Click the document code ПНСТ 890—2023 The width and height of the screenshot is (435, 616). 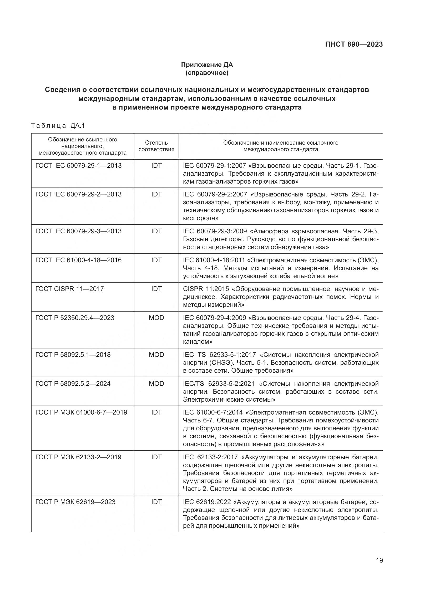pos(354,44)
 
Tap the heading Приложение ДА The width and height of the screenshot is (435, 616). pos(207,65)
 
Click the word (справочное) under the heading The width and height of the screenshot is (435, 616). pos(207,73)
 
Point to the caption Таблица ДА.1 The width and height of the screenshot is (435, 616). pos(58,126)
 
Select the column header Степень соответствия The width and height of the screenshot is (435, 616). pos(156,146)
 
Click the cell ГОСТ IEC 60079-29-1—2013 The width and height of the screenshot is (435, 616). pos(78,166)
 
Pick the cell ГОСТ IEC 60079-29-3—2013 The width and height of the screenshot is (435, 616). pos(78,231)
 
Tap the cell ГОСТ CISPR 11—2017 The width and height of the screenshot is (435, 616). pos(69,289)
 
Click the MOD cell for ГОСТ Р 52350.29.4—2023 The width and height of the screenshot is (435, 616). pos(156,318)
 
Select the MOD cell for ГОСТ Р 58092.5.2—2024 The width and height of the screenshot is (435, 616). pos(156,383)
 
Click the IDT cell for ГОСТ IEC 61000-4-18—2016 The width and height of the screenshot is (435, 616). pos(156,260)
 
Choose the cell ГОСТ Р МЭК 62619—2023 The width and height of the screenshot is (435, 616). pos(75,502)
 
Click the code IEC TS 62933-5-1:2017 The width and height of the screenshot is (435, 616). pos(219,355)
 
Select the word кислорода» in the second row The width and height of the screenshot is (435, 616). pos(200,218)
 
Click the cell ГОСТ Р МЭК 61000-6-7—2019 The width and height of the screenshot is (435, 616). pos(81,412)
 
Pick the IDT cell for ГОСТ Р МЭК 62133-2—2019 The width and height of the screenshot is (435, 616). pos(156,457)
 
